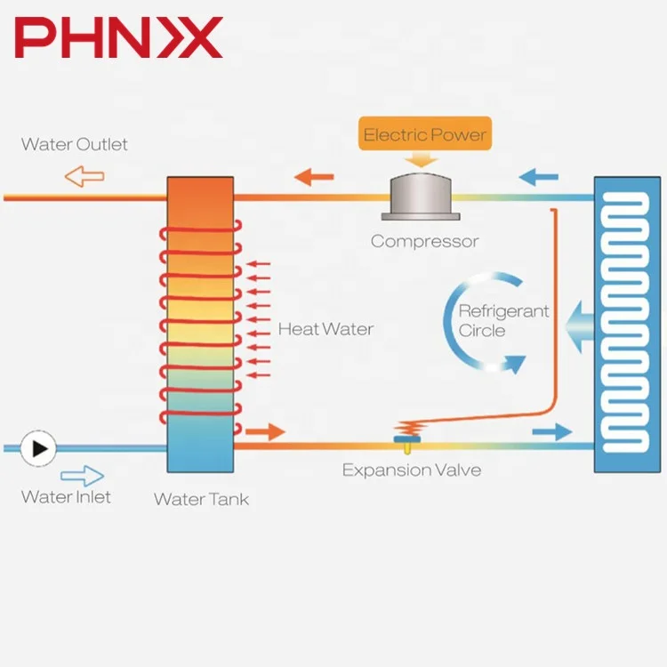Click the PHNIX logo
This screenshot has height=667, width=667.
[117, 39]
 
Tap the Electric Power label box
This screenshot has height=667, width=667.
[425, 135]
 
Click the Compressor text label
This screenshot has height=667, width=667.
[424, 241]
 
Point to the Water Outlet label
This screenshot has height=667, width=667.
[75, 144]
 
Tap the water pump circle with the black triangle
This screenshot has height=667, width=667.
[39, 448]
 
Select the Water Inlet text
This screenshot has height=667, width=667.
[66, 497]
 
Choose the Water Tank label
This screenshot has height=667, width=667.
[201, 499]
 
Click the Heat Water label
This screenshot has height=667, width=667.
[325, 329]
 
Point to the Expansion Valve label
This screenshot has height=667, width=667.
[411, 470]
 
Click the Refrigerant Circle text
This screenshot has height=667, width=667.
[502, 321]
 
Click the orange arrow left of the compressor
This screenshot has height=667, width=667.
[314, 176]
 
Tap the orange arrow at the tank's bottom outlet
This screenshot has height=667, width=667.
[266, 432]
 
